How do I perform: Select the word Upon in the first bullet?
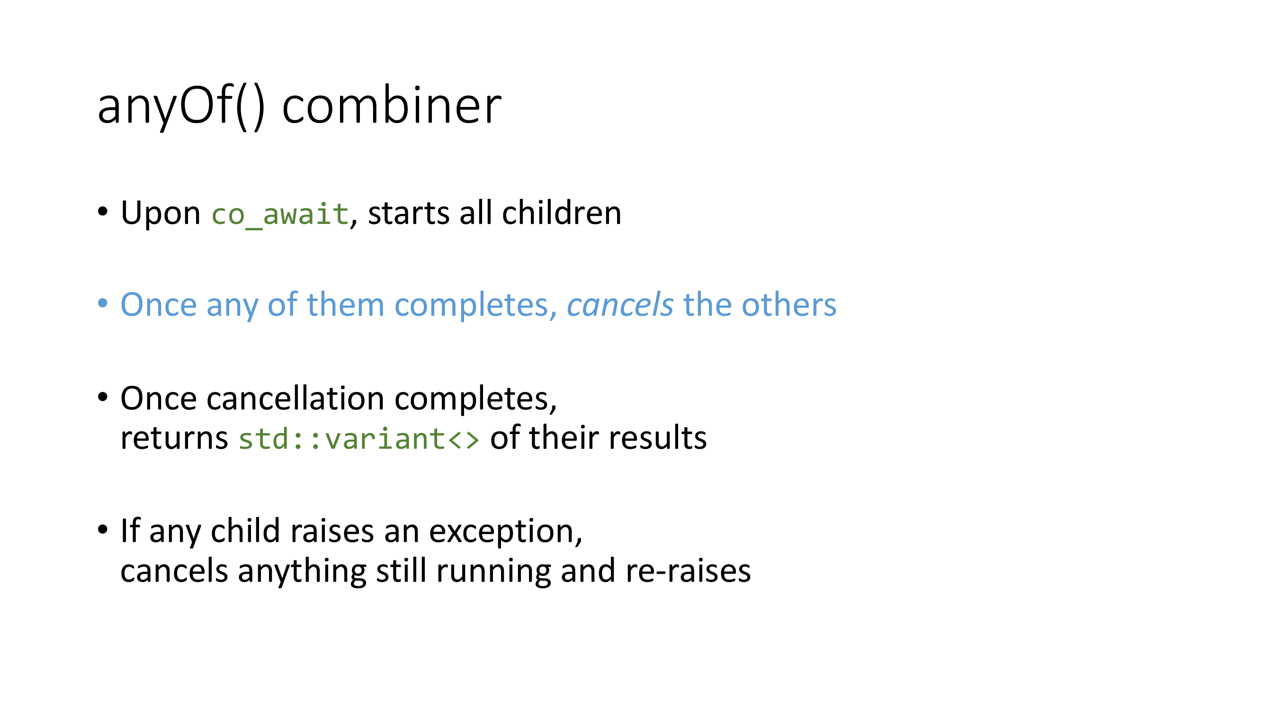[161, 213]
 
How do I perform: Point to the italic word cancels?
[620, 305]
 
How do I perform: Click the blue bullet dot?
[102, 303]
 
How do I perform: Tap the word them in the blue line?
[345, 305]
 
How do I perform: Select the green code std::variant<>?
[359, 439]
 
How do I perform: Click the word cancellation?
[295, 398]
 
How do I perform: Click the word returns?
[174, 438]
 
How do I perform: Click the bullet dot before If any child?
[102, 529]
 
